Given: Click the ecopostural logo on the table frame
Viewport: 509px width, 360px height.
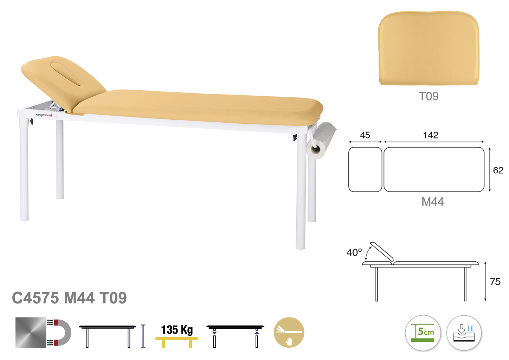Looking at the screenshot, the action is tap(44, 115).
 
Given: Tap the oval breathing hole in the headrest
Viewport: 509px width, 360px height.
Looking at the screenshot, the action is tap(65, 74).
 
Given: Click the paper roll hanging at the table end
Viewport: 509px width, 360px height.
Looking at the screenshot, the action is tap(321, 141).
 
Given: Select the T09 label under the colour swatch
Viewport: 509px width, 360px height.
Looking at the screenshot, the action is tap(429, 96).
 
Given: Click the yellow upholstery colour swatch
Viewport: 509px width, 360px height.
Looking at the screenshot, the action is tap(429, 48).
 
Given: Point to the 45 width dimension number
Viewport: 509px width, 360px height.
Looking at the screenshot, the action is tap(365, 135).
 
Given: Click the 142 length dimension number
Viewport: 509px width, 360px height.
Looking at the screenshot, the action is tap(431, 135).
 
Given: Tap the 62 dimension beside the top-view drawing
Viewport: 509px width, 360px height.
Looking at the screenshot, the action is tap(498, 170).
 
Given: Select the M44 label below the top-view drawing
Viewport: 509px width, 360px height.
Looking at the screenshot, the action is tap(433, 201).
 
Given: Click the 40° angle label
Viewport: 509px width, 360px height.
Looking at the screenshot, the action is tap(354, 252).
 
